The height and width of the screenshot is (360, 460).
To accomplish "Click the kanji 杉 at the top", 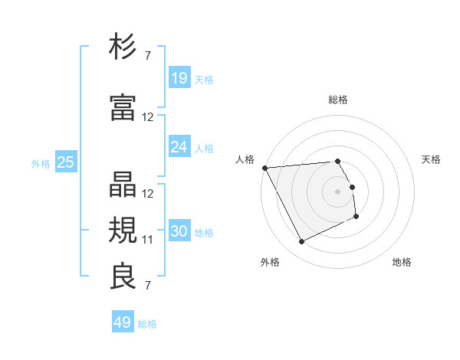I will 123,47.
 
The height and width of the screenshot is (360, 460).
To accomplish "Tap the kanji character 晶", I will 123,183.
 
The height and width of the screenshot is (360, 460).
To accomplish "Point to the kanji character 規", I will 123,229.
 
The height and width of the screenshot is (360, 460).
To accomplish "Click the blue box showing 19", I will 179,78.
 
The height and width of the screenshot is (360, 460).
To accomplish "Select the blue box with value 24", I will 179,147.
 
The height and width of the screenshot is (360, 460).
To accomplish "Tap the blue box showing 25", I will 65,162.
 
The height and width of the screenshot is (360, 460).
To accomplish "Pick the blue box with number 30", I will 179,232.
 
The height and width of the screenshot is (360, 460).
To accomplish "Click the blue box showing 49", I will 123,322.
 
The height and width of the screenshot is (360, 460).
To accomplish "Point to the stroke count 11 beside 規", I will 148,240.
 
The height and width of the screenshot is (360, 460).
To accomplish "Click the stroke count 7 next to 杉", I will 148,55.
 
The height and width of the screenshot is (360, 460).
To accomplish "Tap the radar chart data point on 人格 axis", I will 264,168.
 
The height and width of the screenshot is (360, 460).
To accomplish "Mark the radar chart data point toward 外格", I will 301,242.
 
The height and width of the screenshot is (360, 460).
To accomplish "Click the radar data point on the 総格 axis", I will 337,161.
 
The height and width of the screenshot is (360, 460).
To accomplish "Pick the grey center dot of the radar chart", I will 337,191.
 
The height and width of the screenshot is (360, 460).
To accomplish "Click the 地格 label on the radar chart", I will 402,263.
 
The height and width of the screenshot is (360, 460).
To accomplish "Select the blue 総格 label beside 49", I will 147,324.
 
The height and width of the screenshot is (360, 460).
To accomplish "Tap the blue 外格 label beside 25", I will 41,163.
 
